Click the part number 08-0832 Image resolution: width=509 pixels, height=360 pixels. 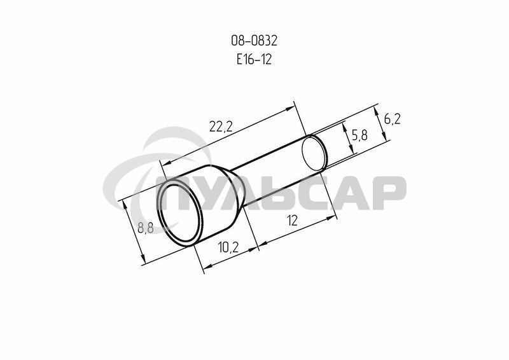[254, 41]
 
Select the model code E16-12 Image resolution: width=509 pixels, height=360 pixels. [254, 59]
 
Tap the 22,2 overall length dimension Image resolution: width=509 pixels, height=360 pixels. [221, 127]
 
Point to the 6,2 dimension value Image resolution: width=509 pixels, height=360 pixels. [392, 120]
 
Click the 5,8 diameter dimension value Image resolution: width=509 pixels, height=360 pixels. [359, 135]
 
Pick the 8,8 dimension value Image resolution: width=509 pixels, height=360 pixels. [146, 228]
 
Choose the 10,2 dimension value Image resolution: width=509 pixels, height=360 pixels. [228, 247]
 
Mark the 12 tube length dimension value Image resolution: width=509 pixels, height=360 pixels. [293, 221]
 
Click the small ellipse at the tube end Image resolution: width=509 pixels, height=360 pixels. [314, 153]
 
